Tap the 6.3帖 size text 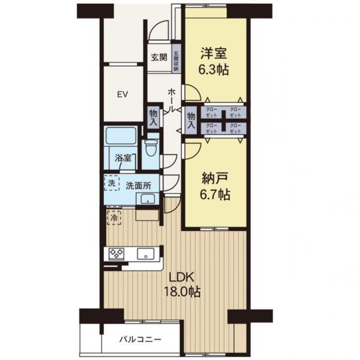[214, 69]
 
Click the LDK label [180, 277]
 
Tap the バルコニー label [140, 339]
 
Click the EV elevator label [123, 94]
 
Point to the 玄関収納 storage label [176, 61]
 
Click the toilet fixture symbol [152, 148]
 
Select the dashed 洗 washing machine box [111, 183]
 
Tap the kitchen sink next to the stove [145, 253]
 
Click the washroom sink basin [146, 199]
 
